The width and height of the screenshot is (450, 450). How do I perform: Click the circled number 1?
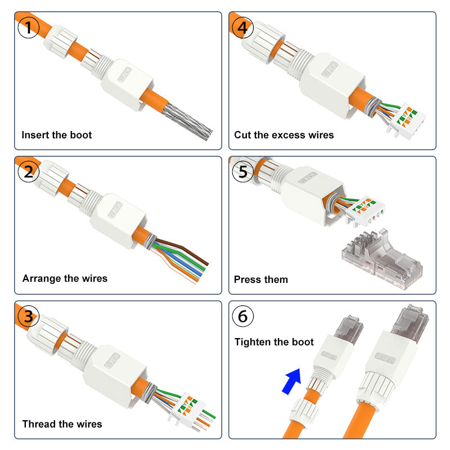pyautogui.click(x=28, y=28)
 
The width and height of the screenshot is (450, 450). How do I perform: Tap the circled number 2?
pyautogui.click(x=28, y=172)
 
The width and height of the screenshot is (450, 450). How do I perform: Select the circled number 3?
pyautogui.click(x=28, y=317)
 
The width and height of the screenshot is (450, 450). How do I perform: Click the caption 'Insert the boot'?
pyautogui.click(x=56, y=135)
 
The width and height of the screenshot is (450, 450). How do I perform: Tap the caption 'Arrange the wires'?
pyautogui.click(x=65, y=278)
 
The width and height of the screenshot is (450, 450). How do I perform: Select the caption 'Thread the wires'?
pyautogui.click(x=62, y=424)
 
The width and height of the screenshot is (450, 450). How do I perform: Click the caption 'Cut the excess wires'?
pyautogui.click(x=284, y=135)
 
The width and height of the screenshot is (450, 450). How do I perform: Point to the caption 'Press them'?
pyautogui.click(x=260, y=280)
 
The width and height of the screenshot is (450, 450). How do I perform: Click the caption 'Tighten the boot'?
pyautogui.click(x=274, y=342)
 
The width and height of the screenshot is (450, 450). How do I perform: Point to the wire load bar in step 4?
pyautogui.click(x=406, y=119)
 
